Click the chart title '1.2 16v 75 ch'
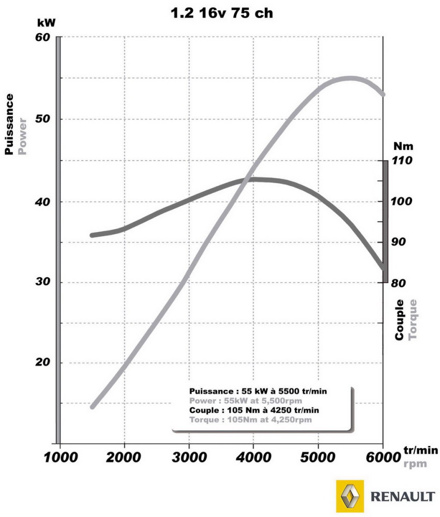[x=222, y=13]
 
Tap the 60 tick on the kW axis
[x=42, y=38]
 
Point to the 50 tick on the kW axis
[x=42, y=119]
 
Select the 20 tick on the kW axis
[x=42, y=363]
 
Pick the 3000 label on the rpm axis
[x=189, y=457]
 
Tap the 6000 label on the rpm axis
[x=382, y=457]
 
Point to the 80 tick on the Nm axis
[x=401, y=283]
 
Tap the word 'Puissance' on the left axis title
[x=9, y=124]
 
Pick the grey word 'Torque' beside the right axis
[x=412, y=320]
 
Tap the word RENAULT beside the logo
[x=403, y=497]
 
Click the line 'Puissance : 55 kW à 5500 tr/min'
[x=258, y=391]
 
